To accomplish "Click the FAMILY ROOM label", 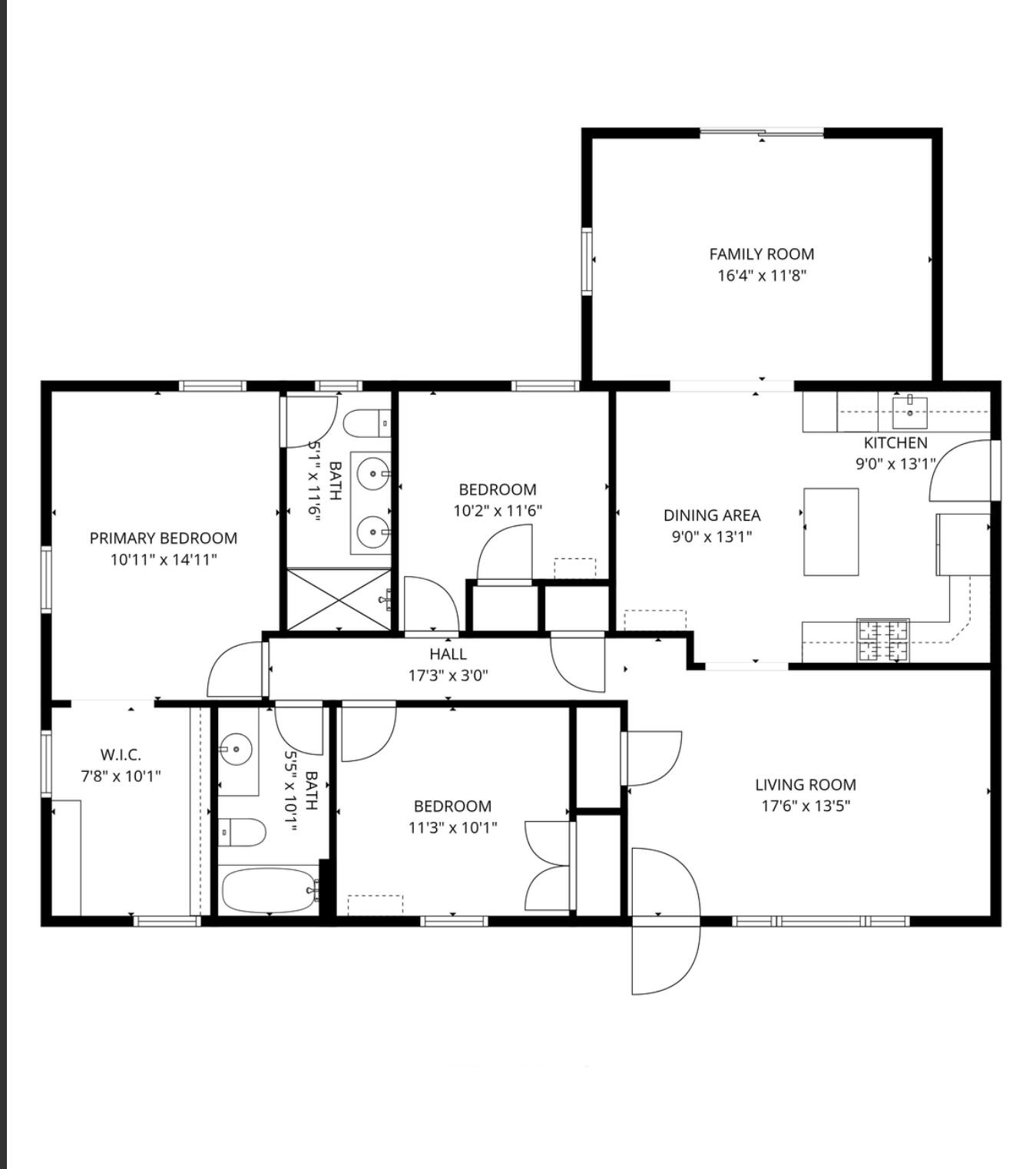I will point(761,254).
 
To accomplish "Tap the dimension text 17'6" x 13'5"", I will point(805,806).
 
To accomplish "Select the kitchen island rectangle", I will point(831,532).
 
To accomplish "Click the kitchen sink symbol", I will point(910,412).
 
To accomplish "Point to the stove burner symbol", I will point(883,641).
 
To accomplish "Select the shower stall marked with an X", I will point(339,600).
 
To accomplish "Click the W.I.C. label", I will point(121,755).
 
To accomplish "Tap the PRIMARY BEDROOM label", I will point(164,538).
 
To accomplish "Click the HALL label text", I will point(448,654).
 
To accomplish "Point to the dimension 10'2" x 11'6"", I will point(498,511).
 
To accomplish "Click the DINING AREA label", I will point(712,515).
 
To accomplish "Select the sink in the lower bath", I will point(237,747).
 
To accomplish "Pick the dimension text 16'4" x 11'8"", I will point(761,276).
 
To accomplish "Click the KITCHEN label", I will point(895,443).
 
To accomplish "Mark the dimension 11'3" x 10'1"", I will point(452,827).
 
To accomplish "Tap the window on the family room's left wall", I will point(587,261).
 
